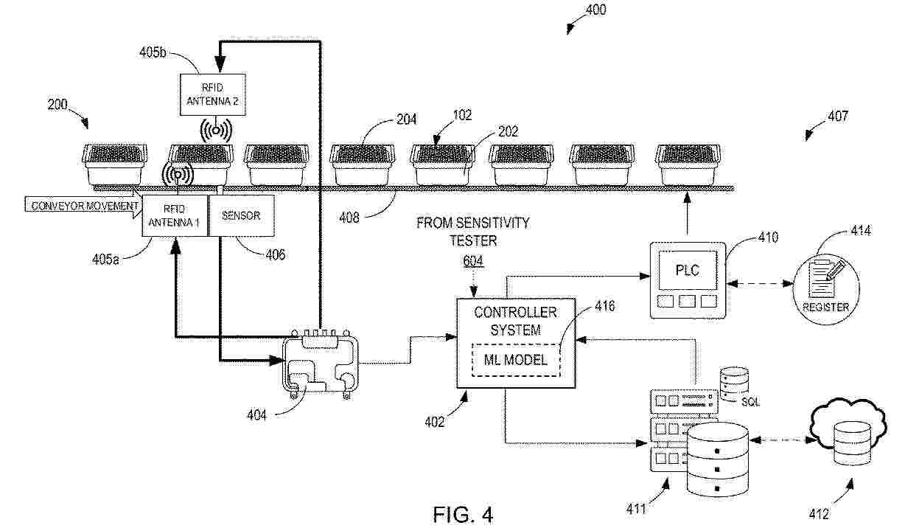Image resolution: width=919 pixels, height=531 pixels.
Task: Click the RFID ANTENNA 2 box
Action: click(212, 94)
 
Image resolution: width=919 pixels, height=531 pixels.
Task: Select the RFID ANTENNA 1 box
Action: click(175, 215)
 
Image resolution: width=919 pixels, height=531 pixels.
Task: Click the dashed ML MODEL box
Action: click(515, 361)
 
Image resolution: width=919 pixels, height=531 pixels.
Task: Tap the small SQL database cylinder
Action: click(733, 382)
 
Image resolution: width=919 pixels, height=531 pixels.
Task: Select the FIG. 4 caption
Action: click(462, 514)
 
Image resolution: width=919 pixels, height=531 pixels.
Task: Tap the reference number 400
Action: click(595, 10)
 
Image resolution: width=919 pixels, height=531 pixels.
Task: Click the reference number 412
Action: click(819, 514)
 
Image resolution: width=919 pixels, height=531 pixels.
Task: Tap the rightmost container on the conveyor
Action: click(688, 164)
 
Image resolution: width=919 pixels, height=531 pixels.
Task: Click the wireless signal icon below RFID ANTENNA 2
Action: click(215, 131)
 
